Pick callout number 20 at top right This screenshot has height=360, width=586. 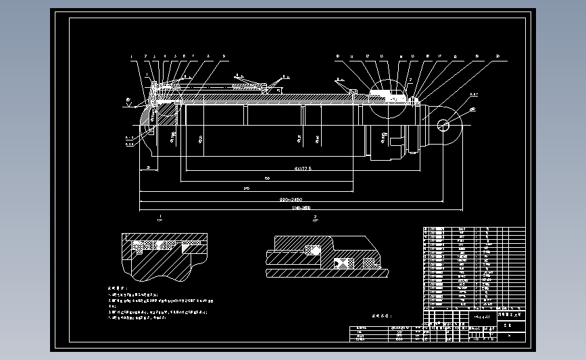(x=497, y=56)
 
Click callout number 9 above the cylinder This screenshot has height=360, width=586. (x=223, y=56)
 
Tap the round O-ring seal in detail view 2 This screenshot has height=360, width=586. (x=312, y=250)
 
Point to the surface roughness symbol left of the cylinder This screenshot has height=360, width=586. (x=129, y=103)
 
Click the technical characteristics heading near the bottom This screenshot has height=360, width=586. (x=381, y=315)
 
